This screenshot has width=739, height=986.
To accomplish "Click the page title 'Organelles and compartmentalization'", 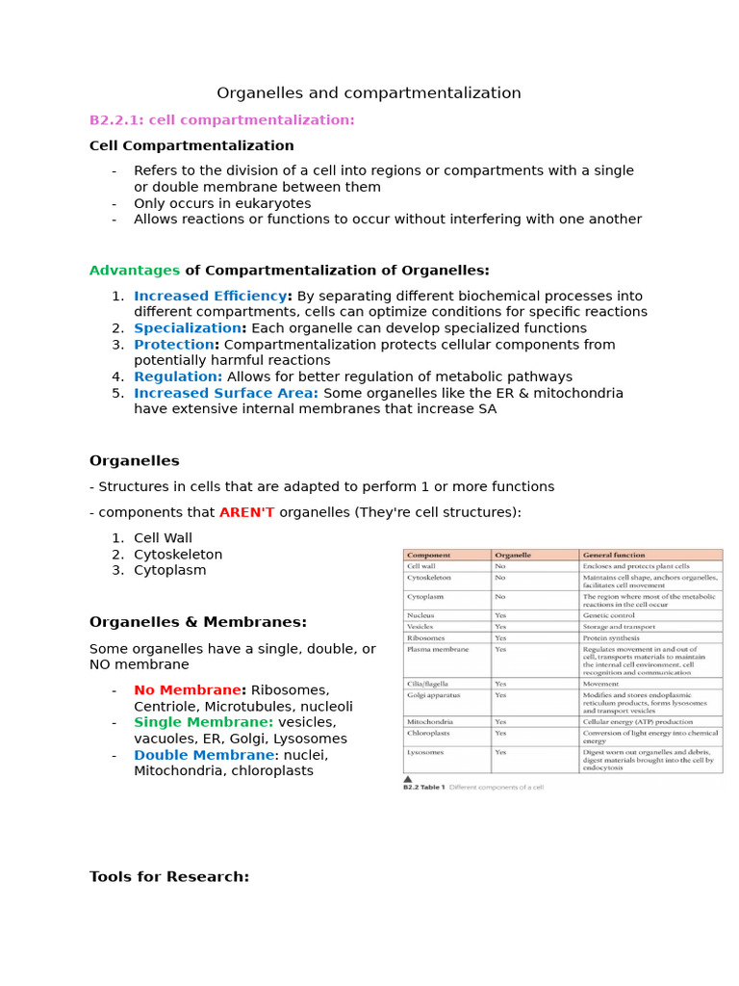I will pos(369,93).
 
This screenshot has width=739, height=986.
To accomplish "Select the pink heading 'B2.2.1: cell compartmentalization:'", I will pos(221,119).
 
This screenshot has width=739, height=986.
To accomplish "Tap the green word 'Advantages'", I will pos(135,271).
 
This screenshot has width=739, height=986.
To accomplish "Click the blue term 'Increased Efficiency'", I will pos(210,297).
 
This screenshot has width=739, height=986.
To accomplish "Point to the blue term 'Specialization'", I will pos(187,328).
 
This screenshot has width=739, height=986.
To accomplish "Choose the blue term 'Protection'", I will pos(174,345).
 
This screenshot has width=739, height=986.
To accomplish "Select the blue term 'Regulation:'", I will pos(178,376).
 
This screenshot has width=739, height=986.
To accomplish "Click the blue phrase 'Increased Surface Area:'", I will pos(226,393).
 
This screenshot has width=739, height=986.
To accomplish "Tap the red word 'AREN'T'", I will pos(246,512).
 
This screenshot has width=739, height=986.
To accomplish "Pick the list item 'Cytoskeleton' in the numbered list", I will pos(178,555).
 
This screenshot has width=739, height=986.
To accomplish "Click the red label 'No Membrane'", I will pos(187,690).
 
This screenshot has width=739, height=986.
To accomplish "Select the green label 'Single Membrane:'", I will pos(203,722).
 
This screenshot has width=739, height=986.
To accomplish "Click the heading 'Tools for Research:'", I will pos(169,876).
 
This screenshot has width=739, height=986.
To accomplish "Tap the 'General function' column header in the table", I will pos(614,555).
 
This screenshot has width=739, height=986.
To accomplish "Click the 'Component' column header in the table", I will pos(428,555).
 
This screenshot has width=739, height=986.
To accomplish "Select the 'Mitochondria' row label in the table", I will pos(430,721).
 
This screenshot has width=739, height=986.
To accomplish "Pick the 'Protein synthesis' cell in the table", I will pos(612,637).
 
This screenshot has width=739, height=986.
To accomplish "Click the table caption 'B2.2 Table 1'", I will pos(423,788).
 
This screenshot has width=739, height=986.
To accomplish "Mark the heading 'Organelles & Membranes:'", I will pos(198,622).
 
